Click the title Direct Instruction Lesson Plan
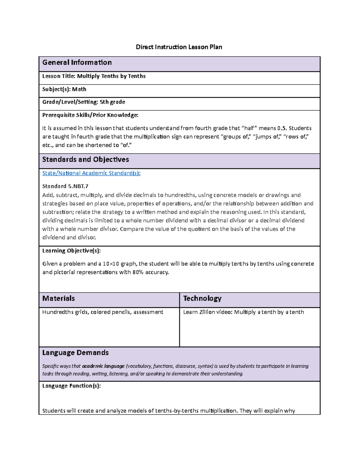coord(179,47)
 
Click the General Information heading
coord(77,62)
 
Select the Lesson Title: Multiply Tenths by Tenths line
coord(94,76)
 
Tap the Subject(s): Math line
coord(64,89)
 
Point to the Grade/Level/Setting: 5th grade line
coord(84,102)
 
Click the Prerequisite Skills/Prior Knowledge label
coord(90,115)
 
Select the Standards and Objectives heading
coord(85,160)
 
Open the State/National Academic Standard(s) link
coord(91,173)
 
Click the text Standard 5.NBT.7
coord(65,186)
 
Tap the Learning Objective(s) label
coord(71,251)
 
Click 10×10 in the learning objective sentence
coord(111,264)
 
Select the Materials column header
coord(58,299)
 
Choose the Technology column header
coord(202,299)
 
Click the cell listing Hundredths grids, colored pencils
coord(103,312)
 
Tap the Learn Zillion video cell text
coord(243,312)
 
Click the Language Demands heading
coord(75,353)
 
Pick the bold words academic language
coord(103,366)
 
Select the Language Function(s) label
coord(71,386)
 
